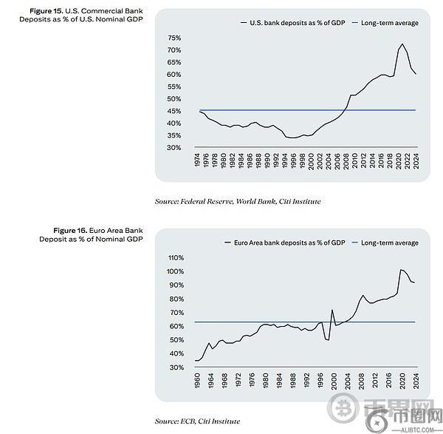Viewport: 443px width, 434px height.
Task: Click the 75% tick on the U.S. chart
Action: coord(175,38)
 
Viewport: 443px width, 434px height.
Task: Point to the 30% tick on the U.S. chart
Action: coord(175,148)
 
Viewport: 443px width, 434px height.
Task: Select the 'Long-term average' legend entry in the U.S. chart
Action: coord(389,23)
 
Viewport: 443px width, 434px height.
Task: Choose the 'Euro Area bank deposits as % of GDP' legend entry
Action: coord(289,243)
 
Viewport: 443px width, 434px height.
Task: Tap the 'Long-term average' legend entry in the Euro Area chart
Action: coord(389,243)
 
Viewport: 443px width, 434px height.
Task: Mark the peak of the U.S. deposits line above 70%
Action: coord(402,44)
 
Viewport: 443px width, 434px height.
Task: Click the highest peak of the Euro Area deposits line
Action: coord(401,269)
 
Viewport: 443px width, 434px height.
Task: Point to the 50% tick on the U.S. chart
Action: coord(175,99)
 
